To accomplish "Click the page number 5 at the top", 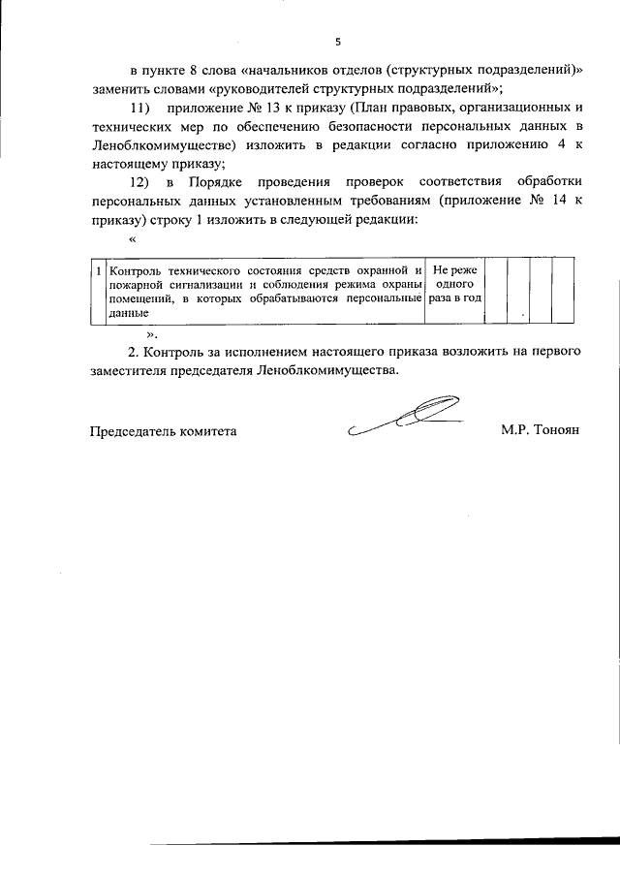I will (338, 42).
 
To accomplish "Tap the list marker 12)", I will (141, 183).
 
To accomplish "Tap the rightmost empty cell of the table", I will (553, 290).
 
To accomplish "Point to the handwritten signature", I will (407, 418).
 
